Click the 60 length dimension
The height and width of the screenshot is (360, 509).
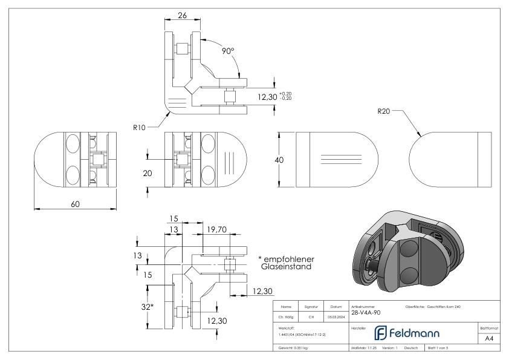pos(75,204)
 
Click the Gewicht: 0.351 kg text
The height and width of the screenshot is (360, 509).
pos(293,349)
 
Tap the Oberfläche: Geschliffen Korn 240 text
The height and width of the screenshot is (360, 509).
pos(432,306)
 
